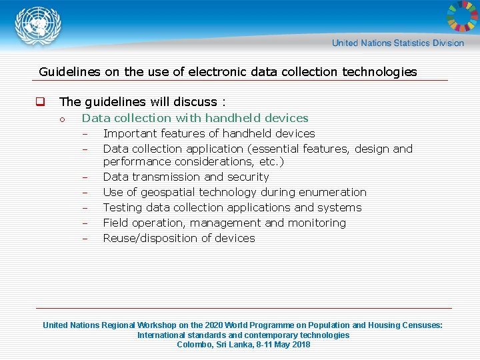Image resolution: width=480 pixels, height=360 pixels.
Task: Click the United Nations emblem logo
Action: click(39, 27)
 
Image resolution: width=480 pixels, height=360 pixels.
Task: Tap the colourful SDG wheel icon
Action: click(461, 17)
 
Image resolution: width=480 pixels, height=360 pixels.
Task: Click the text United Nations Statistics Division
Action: click(397, 43)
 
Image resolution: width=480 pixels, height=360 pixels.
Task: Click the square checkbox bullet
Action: click(40, 102)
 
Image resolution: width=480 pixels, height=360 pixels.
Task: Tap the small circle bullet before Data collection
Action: click(61, 119)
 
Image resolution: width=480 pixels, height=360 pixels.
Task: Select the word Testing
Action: click(122, 207)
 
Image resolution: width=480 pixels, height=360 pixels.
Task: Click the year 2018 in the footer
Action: click(301, 345)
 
